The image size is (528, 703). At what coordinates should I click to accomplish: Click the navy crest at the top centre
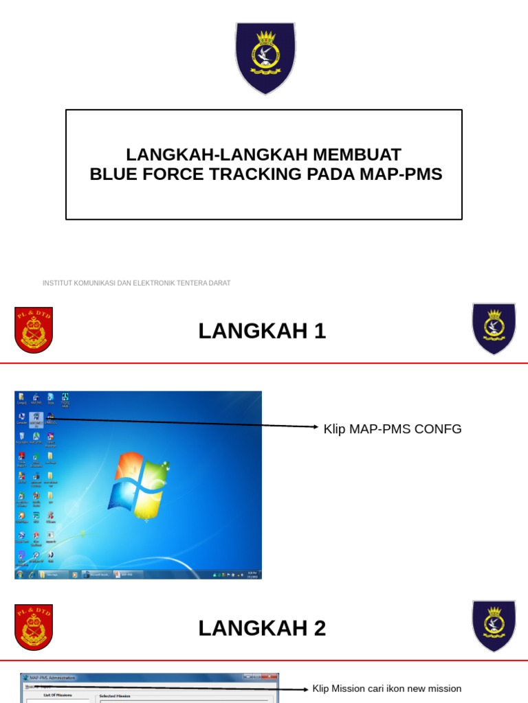(265, 58)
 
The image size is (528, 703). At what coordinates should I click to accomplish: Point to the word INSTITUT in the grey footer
(57, 283)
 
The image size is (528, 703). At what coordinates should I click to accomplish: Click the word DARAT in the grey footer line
(220, 283)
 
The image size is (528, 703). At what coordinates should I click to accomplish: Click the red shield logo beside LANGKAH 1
(34, 330)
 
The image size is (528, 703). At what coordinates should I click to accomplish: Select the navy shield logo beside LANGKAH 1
(493, 328)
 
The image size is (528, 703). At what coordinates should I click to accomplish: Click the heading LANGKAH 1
(262, 331)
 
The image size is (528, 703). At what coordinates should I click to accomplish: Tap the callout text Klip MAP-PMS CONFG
(393, 429)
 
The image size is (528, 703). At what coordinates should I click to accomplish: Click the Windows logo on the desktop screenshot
(140, 487)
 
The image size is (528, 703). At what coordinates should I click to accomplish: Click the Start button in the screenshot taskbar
(20, 574)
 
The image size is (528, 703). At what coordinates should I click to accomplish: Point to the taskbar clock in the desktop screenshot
(252, 574)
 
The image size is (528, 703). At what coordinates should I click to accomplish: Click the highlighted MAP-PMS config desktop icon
(36, 418)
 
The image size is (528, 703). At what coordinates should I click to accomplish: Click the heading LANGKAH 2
(262, 628)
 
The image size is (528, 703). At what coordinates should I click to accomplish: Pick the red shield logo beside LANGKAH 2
(34, 627)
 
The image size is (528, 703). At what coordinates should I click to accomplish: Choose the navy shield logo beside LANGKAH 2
(493, 625)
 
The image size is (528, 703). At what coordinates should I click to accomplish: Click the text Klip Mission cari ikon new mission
(387, 689)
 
